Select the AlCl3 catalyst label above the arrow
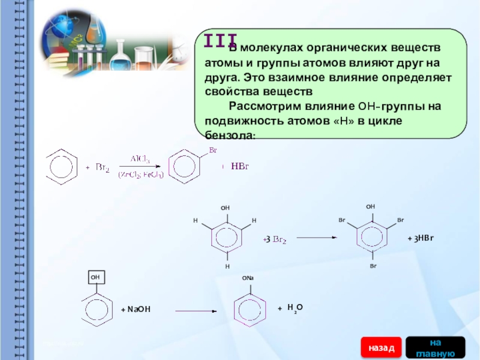click(140, 159)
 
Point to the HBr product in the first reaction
click(239, 166)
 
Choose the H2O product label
click(293, 308)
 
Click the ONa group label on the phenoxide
click(248, 278)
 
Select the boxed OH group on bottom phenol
click(95, 278)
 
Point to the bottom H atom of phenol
click(227, 265)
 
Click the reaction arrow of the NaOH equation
click(195, 311)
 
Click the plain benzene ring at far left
click(62, 166)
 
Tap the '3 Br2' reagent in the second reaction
click(275, 240)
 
